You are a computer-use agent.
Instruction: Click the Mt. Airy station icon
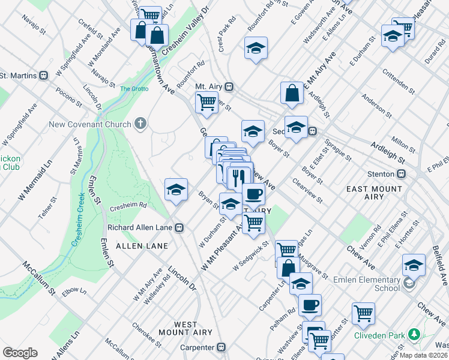pos(229,86)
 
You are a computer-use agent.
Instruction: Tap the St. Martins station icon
pos(43,76)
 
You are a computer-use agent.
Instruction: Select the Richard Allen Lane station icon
pos(179,228)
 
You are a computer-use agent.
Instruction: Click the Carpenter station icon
pos(221,347)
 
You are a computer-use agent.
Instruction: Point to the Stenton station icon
pos(402,174)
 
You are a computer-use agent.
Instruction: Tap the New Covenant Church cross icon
pos(140,124)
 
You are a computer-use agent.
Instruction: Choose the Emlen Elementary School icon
pos(409,283)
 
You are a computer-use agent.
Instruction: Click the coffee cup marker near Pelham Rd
pos(310,305)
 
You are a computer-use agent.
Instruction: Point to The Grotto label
pos(133,89)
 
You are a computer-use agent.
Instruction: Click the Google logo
pos(20,353)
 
